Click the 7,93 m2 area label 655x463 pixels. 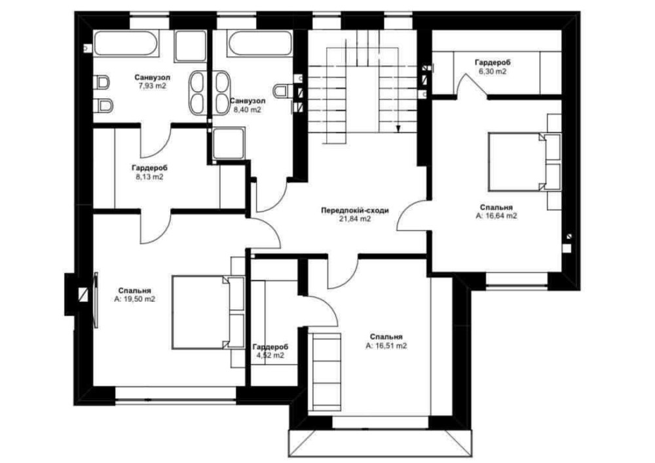152,86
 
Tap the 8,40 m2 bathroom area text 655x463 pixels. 248,110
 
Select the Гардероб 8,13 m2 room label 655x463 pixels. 149,172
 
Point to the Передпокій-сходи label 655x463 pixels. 354,210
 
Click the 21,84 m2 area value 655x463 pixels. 355,219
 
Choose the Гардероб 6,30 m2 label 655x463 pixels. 493,67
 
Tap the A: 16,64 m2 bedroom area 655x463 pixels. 496,216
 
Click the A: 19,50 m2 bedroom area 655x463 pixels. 134,299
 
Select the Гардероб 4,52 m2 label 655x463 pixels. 271,351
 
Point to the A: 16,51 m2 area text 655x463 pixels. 386,346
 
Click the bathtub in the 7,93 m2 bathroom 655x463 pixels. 126,43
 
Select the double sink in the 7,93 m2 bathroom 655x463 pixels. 196,93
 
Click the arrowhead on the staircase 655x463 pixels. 398,129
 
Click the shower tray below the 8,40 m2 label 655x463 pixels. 228,143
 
